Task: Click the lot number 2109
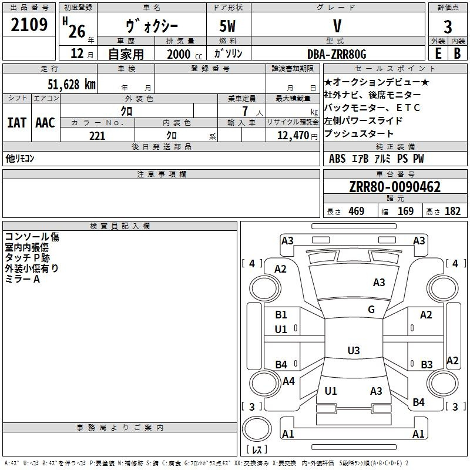tap(29, 25)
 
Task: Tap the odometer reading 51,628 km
tap(72, 85)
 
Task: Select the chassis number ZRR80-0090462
tap(395, 187)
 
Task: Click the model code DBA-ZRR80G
tap(337, 54)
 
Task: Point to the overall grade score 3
tap(448, 27)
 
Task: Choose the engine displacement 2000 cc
tap(184, 54)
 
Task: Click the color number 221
tap(97, 136)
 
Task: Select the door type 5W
tap(227, 26)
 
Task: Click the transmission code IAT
tap(16, 123)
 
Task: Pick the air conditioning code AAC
tap(45, 123)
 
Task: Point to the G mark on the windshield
tap(371, 309)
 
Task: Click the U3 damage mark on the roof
tap(354, 350)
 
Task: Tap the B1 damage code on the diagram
tap(281, 315)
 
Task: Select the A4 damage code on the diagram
tap(288, 381)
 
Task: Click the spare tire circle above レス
tap(257, 429)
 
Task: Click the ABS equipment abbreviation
tap(337, 159)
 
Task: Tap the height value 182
tap(452, 211)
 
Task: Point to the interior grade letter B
tap(458, 53)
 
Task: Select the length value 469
tap(357, 211)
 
